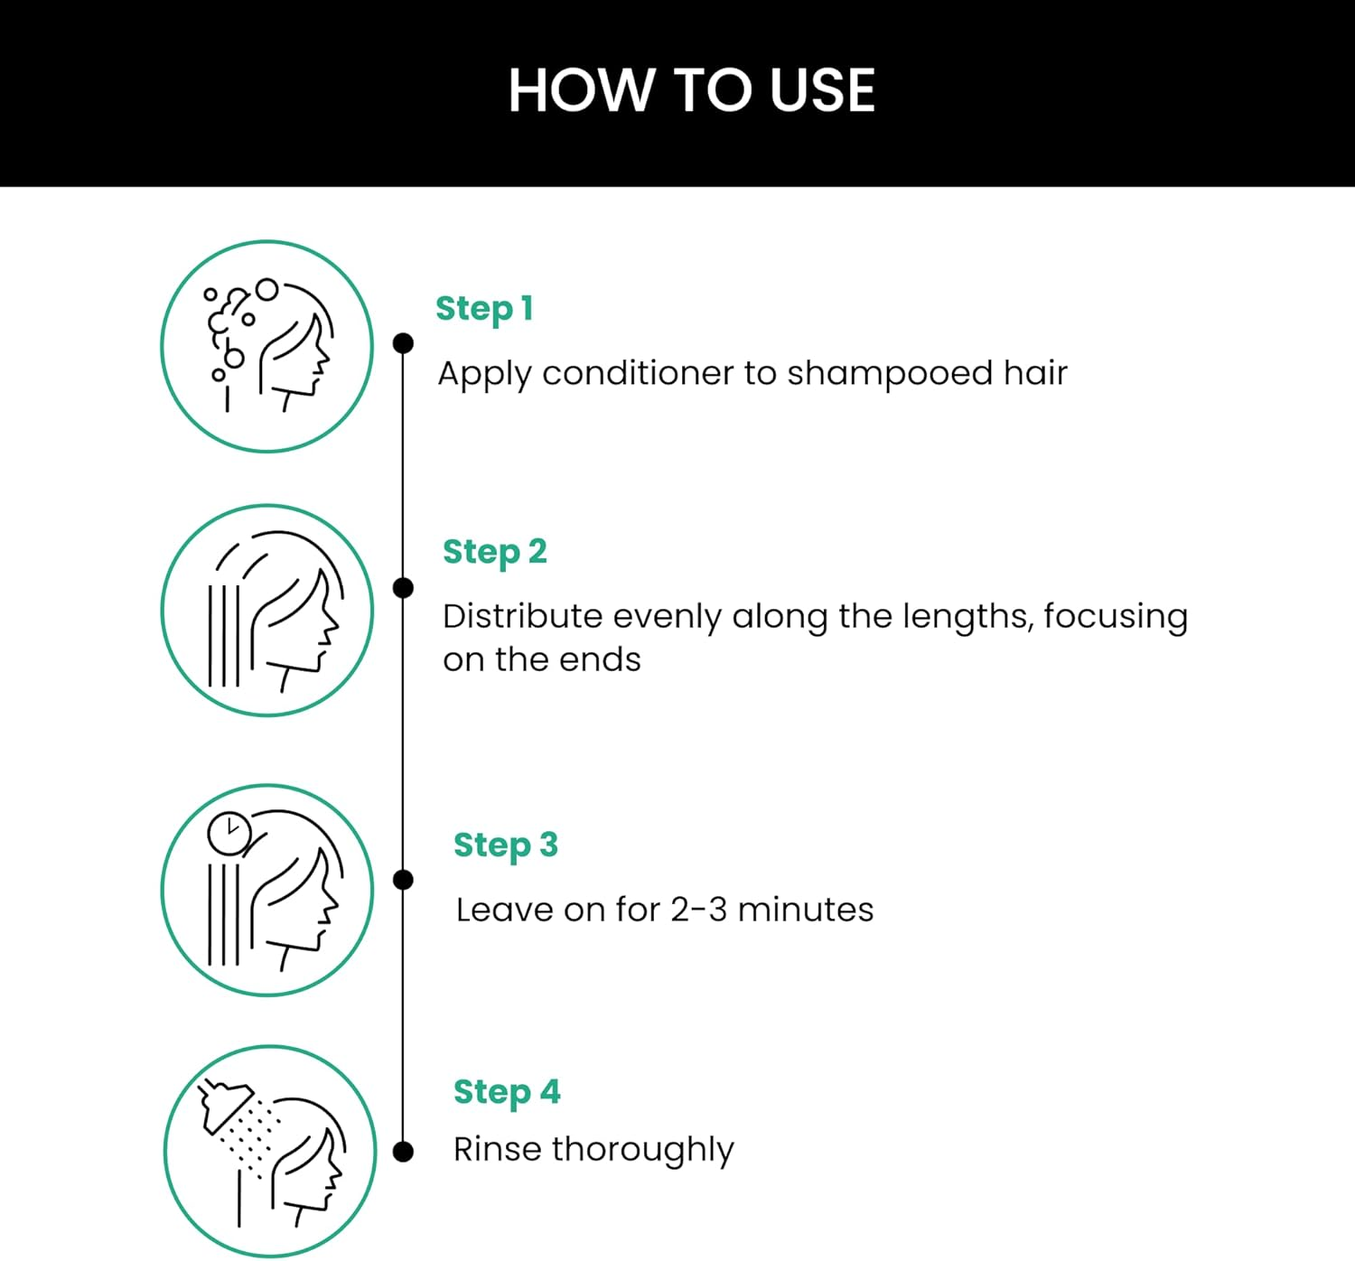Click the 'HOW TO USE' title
pyautogui.click(x=691, y=90)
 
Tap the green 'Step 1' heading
pyautogui.click(x=484, y=309)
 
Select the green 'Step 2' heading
pyautogui.click(x=494, y=552)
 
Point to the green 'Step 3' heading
pyautogui.click(x=505, y=845)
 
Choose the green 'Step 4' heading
pyautogui.click(x=506, y=1092)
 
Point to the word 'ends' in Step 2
pyautogui.click(x=600, y=660)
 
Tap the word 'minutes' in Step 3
pyautogui.click(x=805, y=910)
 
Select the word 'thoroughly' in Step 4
pyautogui.click(x=642, y=1151)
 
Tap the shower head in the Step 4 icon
pyautogui.click(x=224, y=1104)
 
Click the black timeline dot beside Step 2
pyautogui.click(x=404, y=588)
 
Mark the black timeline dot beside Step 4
pyautogui.click(x=404, y=1152)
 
